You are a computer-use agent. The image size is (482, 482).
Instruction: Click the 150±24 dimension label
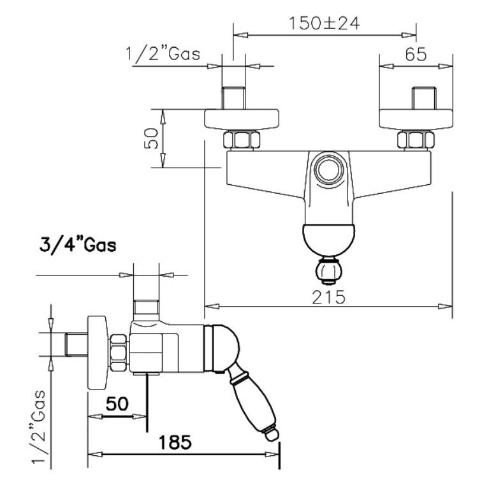[x=325, y=24]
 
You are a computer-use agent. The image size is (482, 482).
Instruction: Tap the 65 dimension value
[x=416, y=54]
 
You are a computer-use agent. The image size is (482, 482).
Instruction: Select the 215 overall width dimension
[x=328, y=297]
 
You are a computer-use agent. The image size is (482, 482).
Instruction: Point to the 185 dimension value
[x=175, y=442]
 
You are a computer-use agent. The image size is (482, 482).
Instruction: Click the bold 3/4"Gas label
[x=78, y=245]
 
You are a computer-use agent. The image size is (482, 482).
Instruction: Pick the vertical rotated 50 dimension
[x=152, y=138]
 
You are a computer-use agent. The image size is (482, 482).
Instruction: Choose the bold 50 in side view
[x=117, y=404]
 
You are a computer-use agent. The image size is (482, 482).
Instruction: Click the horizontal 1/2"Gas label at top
[x=163, y=54]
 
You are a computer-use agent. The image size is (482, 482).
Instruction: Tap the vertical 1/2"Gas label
[x=39, y=426]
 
